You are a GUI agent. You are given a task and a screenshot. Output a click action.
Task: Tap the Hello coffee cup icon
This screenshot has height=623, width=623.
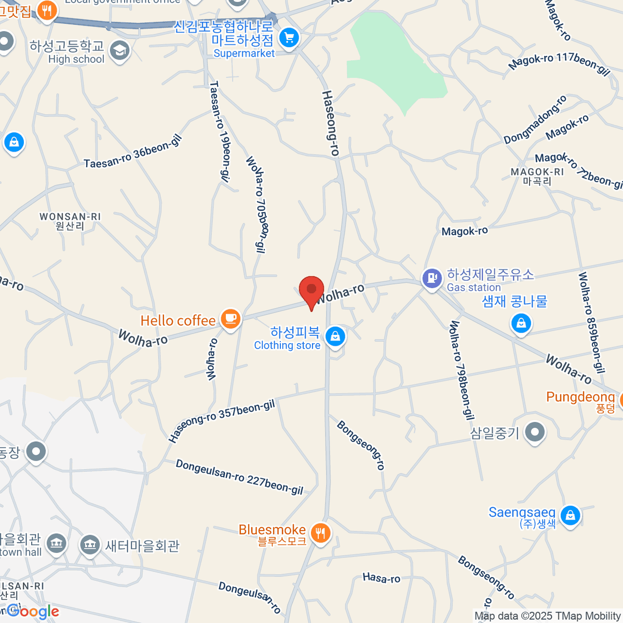click(x=231, y=318)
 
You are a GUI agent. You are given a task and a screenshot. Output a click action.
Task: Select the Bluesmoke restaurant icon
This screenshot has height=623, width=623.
click(x=320, y=533)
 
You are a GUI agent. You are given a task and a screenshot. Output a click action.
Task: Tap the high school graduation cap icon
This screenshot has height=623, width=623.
click(x=120, y=51)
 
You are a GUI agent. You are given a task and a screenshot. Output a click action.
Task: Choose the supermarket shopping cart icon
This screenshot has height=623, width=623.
click(x=289, y=38)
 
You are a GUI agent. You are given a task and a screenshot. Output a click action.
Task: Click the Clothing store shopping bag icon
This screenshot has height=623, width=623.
click(x=335, y=337)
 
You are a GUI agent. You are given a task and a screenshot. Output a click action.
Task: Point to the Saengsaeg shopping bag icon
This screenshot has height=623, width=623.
click(x=570, y=515)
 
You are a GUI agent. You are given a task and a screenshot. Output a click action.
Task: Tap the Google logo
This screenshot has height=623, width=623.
click(x=33, y=612)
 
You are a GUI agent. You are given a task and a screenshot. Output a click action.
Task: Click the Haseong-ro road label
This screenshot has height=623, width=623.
click(x=330, y=123)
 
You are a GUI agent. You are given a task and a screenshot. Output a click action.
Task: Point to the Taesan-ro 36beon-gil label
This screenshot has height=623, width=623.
click(x=133, y=151)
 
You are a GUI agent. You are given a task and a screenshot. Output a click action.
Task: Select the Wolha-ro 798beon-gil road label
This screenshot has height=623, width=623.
click(x=461, y=370)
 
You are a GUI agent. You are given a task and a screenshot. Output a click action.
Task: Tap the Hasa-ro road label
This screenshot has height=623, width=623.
click(x=382, y=578)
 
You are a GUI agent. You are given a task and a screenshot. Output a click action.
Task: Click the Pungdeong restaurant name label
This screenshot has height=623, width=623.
click(x=580, y=397)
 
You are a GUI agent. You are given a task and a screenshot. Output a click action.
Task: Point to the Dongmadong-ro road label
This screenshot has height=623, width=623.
click(x=535, y=120)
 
